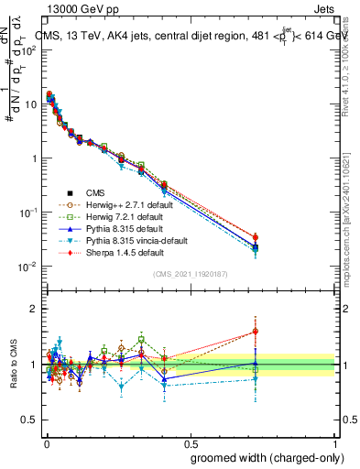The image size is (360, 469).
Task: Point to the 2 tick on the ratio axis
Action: point(32,310)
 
